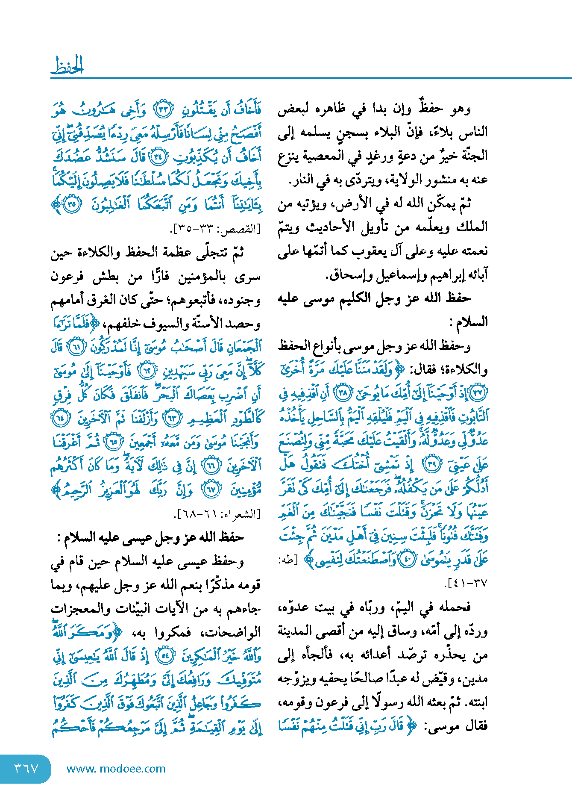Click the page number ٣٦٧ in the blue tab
(26, 769)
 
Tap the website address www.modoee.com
(116, 769)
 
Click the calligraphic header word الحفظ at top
(67, 65)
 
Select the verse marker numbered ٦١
(77, 347)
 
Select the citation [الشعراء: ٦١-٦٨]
(218, 513)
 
